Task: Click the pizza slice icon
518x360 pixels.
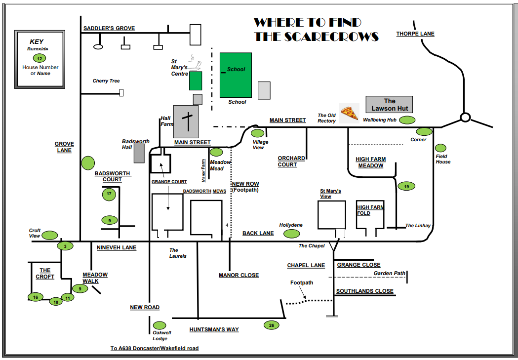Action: click(x=350, y=113)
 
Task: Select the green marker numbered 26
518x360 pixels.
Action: click(x=271, y=325)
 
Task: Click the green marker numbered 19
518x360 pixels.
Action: click(x=406, y=186)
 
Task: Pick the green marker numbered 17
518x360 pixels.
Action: click(x=109, y=194)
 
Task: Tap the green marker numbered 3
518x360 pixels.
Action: click(x=65, y=245)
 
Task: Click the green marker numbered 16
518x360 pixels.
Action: click(x=35, y=297)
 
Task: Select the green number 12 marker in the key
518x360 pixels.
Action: click(x=40, y=58)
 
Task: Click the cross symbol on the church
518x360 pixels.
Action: click(x=188, y=120)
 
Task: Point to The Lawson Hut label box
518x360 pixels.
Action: click(x=389, y=105)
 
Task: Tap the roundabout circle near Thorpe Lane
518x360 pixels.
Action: click(x=465, y=118)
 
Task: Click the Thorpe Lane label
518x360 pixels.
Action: click(x=415, y=34)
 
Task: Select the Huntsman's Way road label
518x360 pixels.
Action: click(x=214, y=329)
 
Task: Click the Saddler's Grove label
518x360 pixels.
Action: click(x=109, y=29)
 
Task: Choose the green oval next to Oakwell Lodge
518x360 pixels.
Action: click(x=159, y=325)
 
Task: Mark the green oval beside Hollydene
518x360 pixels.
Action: click(x=292, y=234)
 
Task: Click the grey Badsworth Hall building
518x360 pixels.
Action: click(x=140, y=153)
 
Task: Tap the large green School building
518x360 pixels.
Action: click(x=236, y=75)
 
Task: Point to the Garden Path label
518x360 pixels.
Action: click(x=389, y=273)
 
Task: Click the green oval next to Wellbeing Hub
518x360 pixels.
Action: click(x=407, y=120)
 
